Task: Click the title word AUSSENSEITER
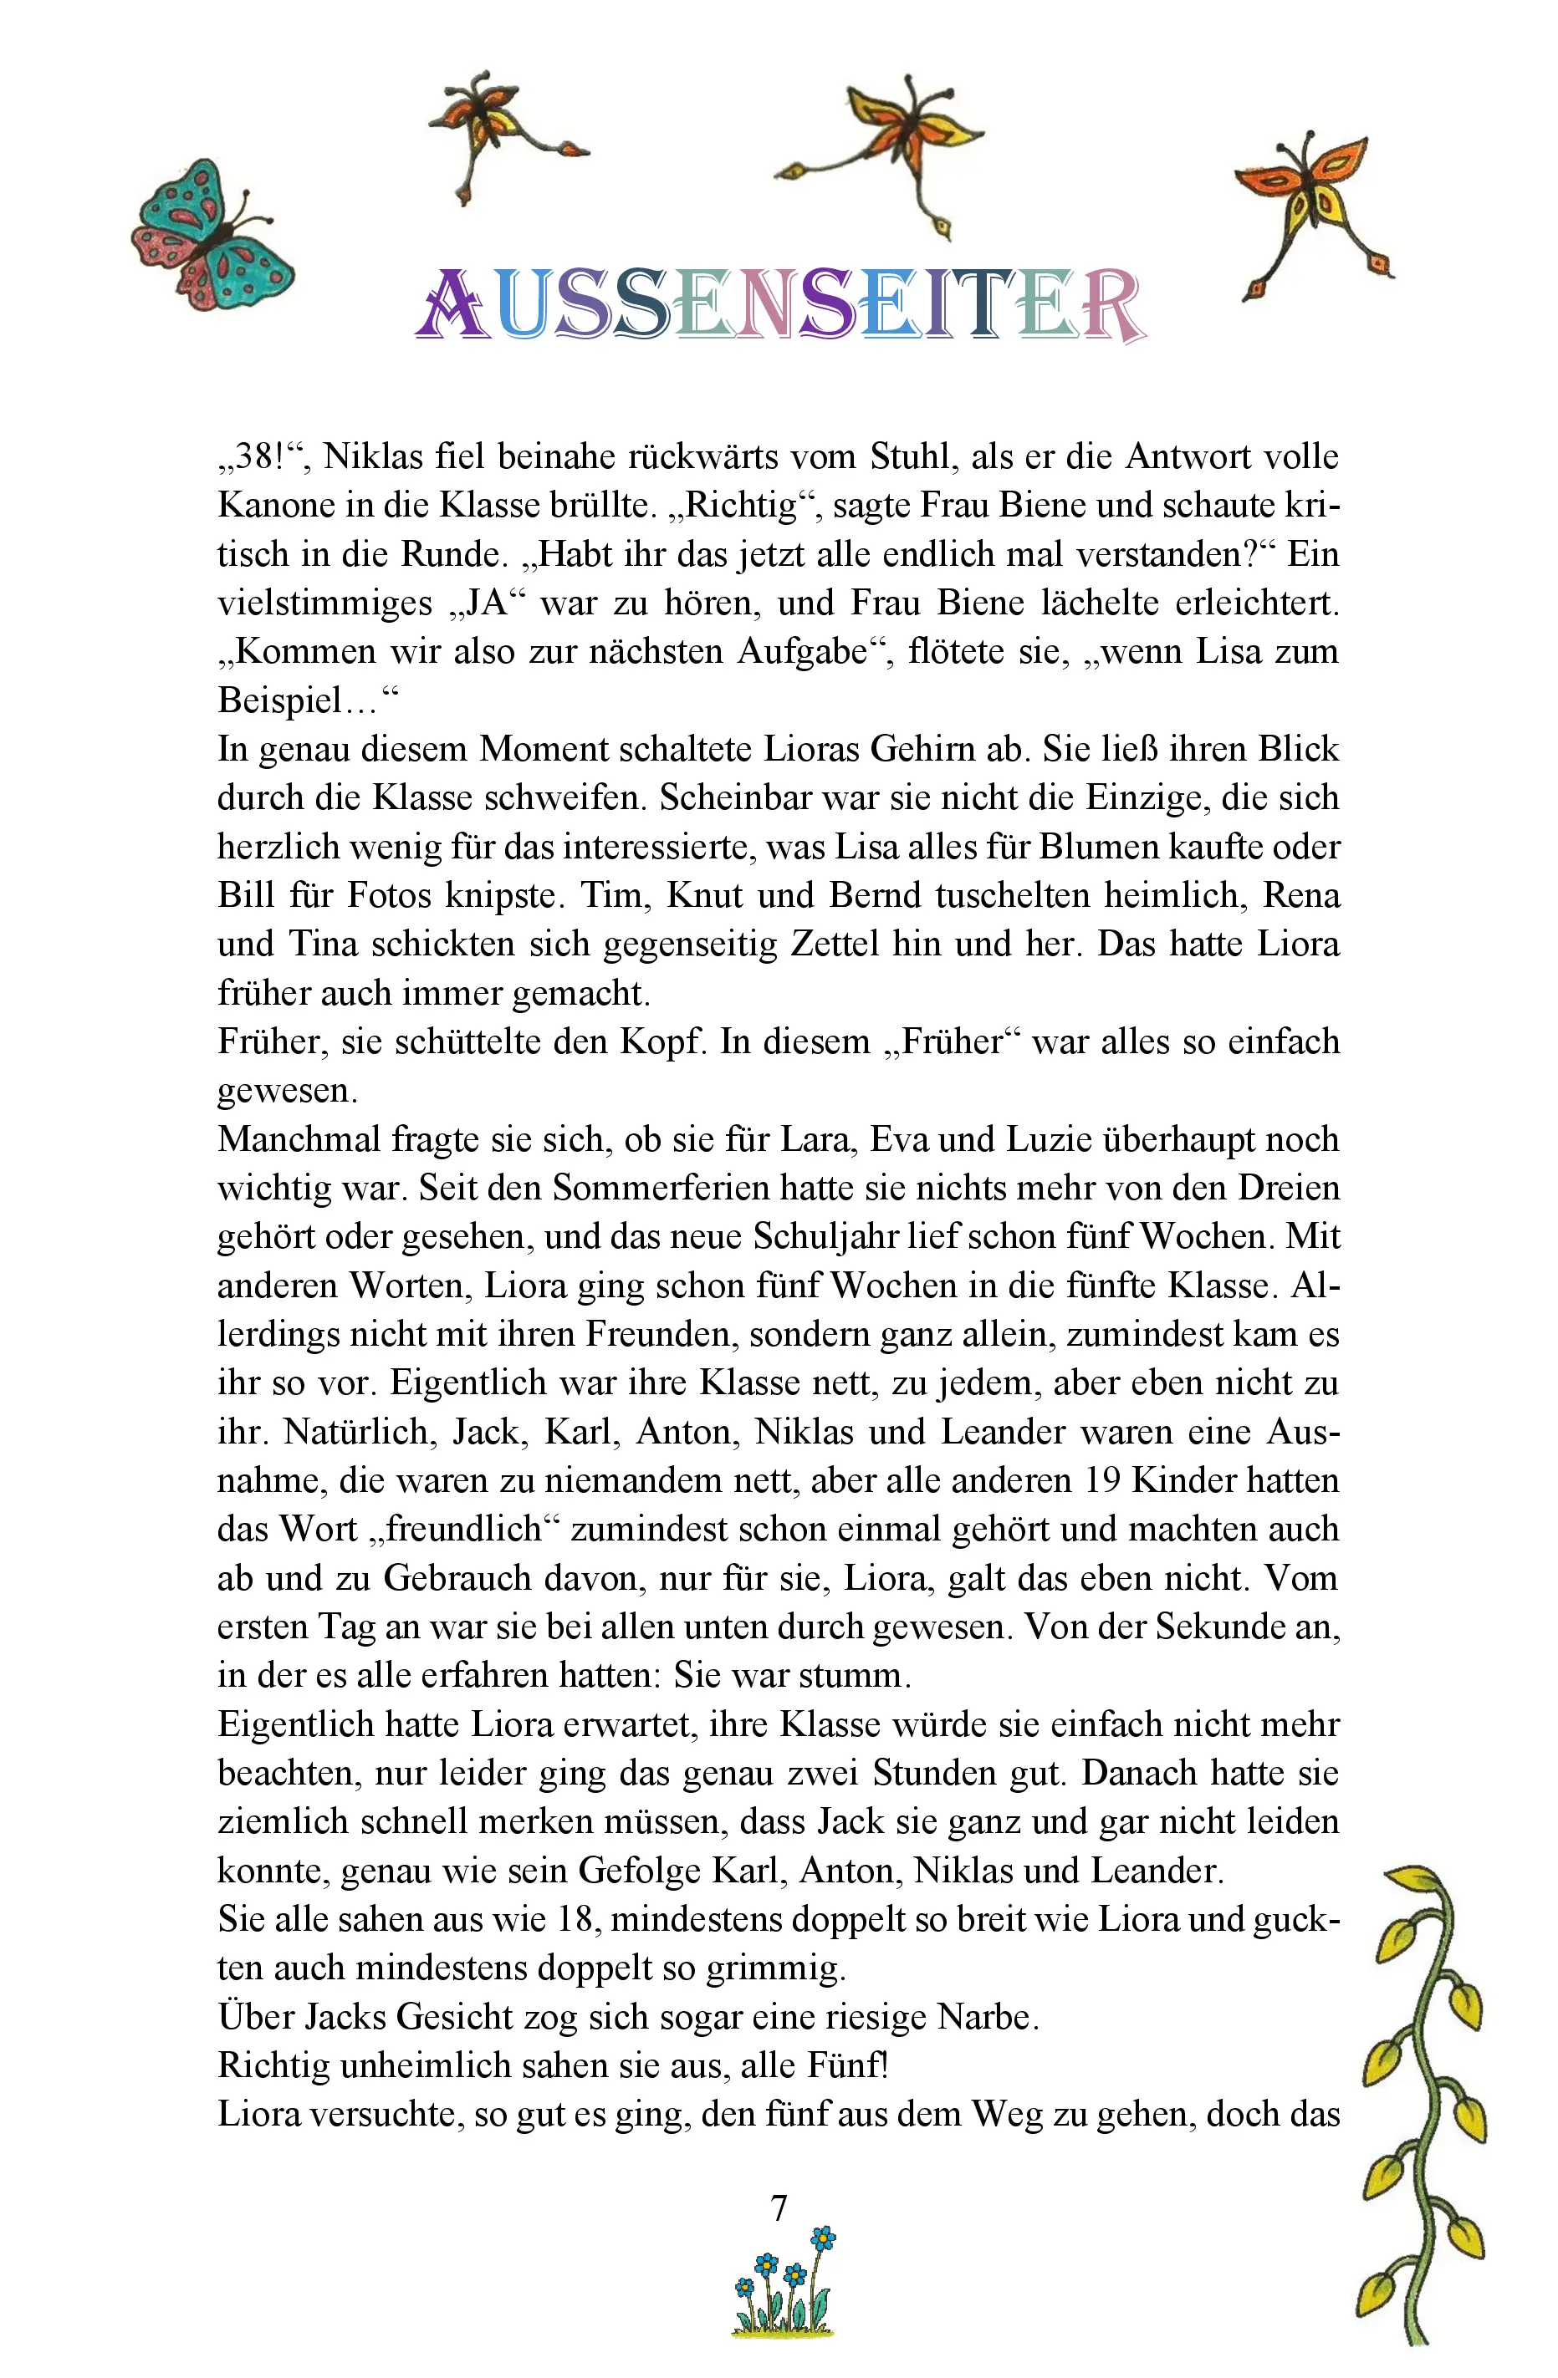pyautogui.click(x=779, y=305)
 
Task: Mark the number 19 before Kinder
pyautogui.click(x=1102, y=1481)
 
